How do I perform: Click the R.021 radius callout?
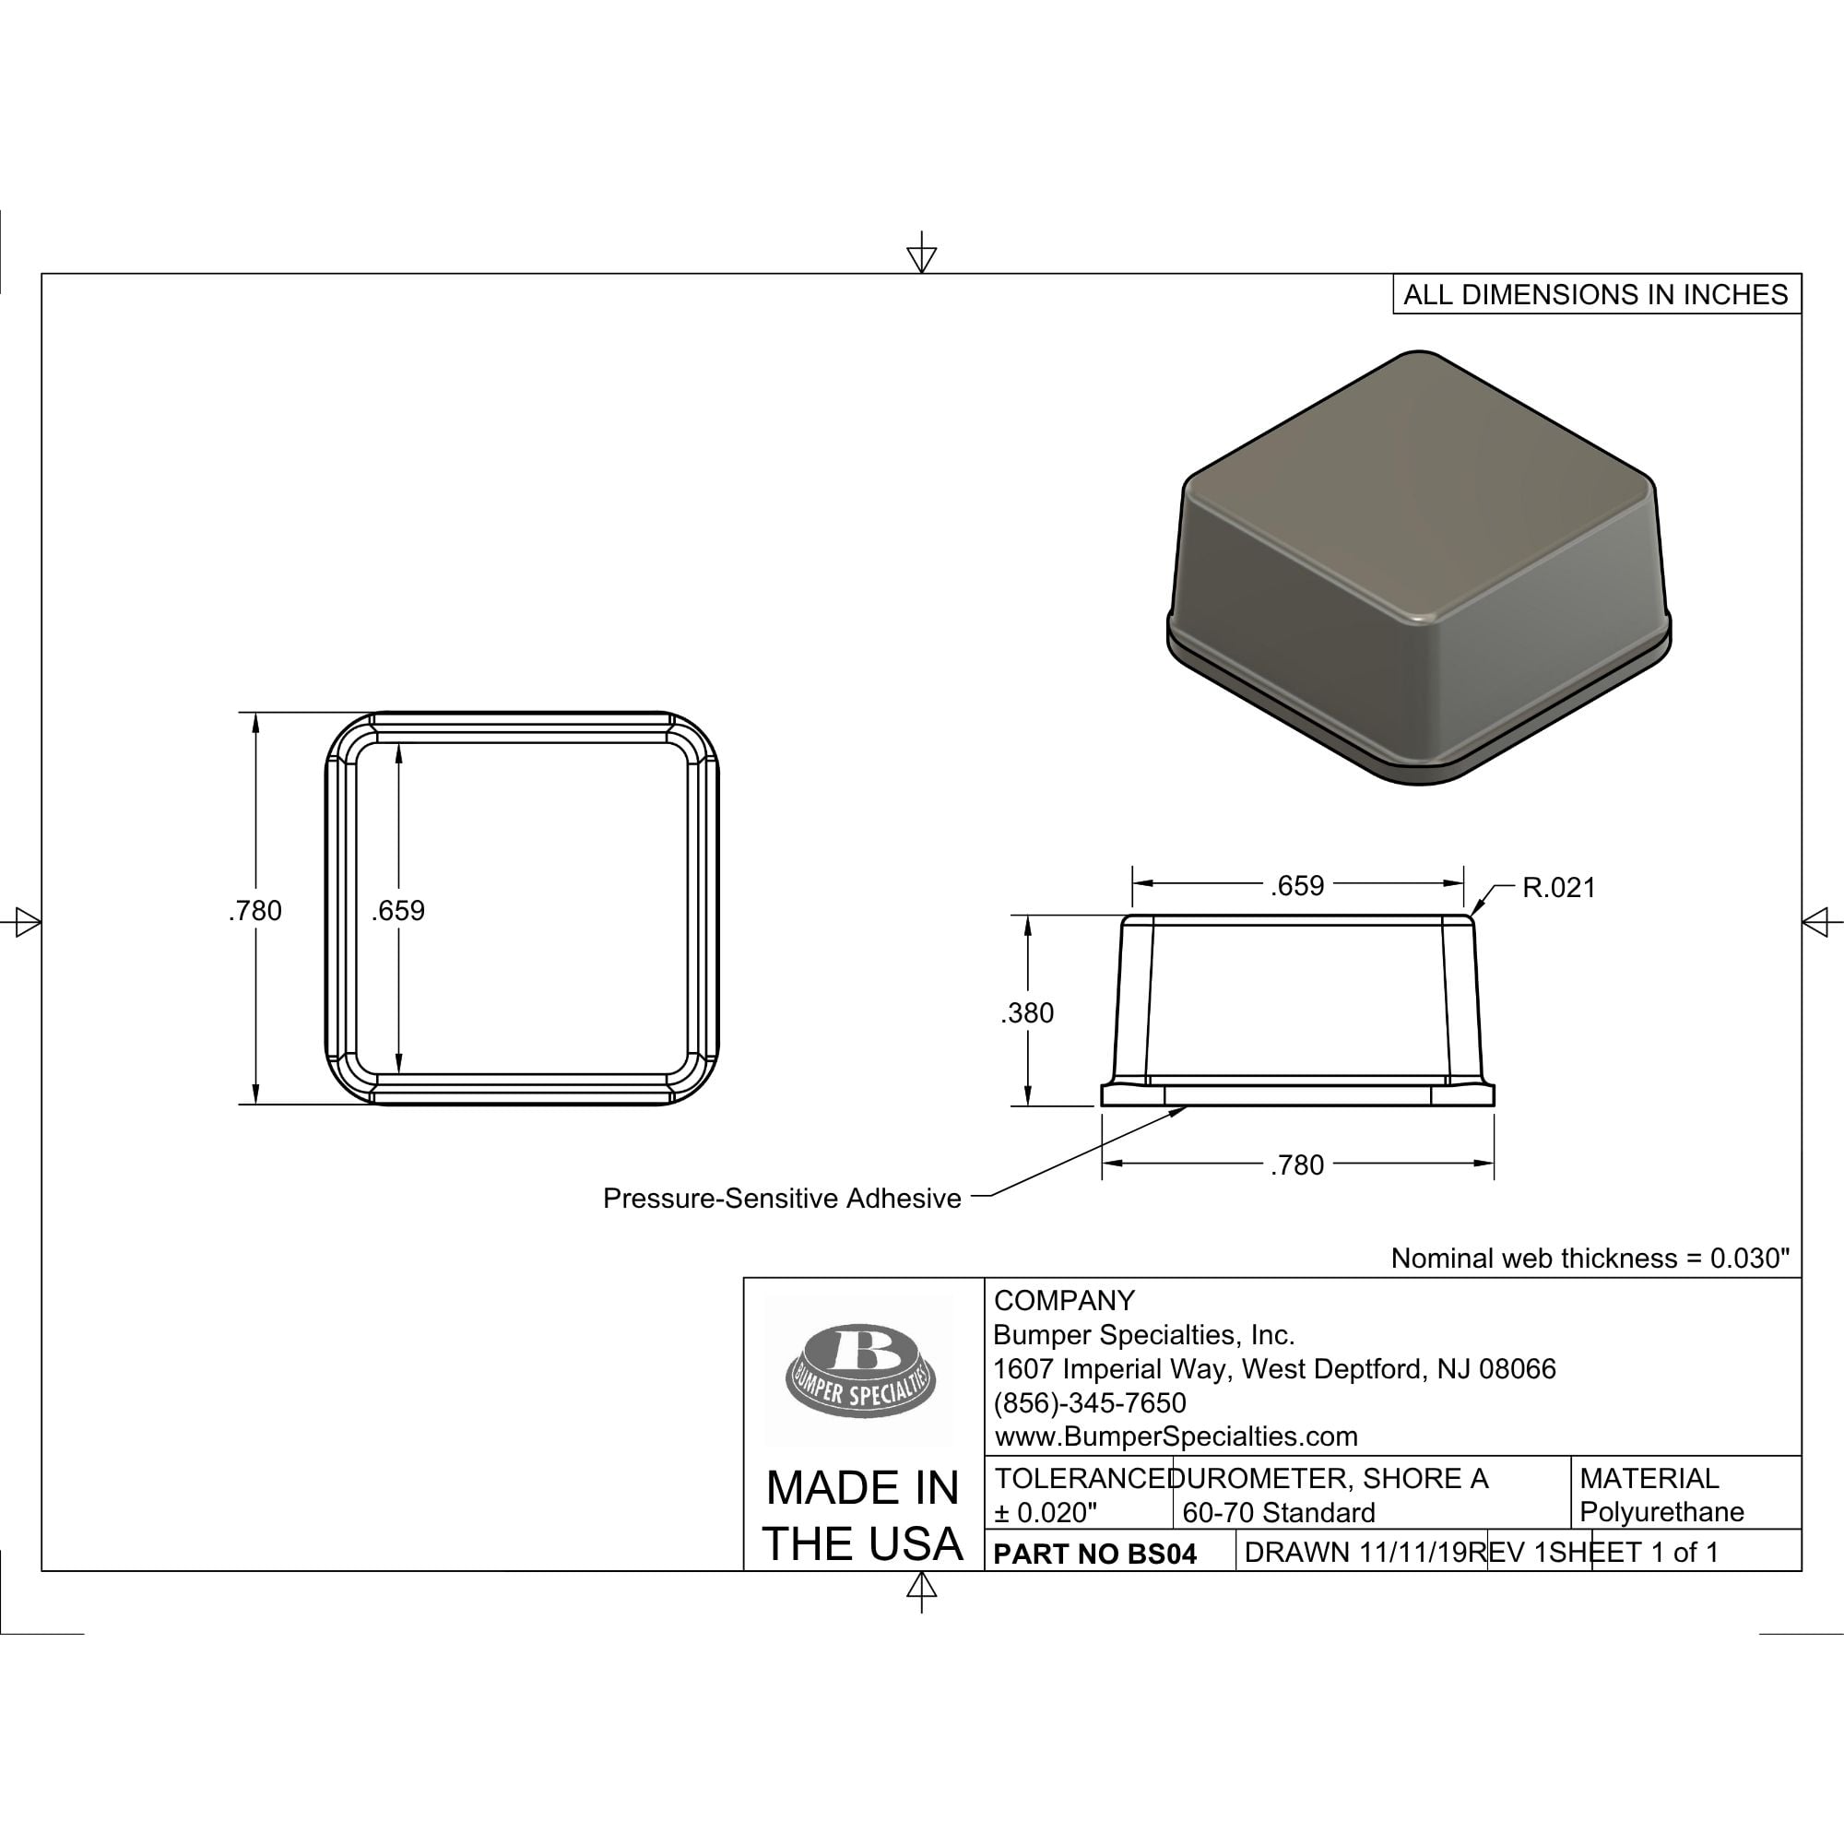1558,888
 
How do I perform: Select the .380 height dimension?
1027,1012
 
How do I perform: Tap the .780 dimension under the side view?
1297,1164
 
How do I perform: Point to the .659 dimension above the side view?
1297,886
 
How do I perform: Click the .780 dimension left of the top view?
254,911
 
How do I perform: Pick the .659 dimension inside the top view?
398,911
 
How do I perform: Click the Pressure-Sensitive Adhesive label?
782,1199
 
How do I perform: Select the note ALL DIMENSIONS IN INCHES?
1596,294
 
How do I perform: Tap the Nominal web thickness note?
1590,1258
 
